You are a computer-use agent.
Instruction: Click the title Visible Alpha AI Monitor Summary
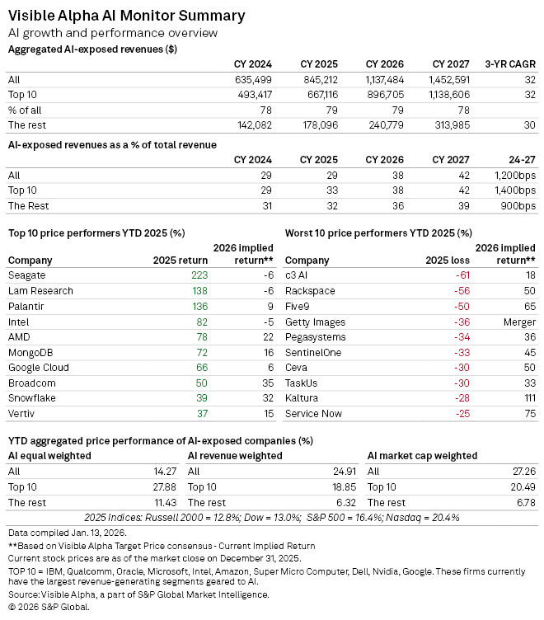[126, 16]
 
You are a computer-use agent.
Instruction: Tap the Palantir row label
[29, 307]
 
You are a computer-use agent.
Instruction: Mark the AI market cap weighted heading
[422, 455]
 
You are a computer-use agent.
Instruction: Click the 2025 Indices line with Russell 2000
[271, 518]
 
